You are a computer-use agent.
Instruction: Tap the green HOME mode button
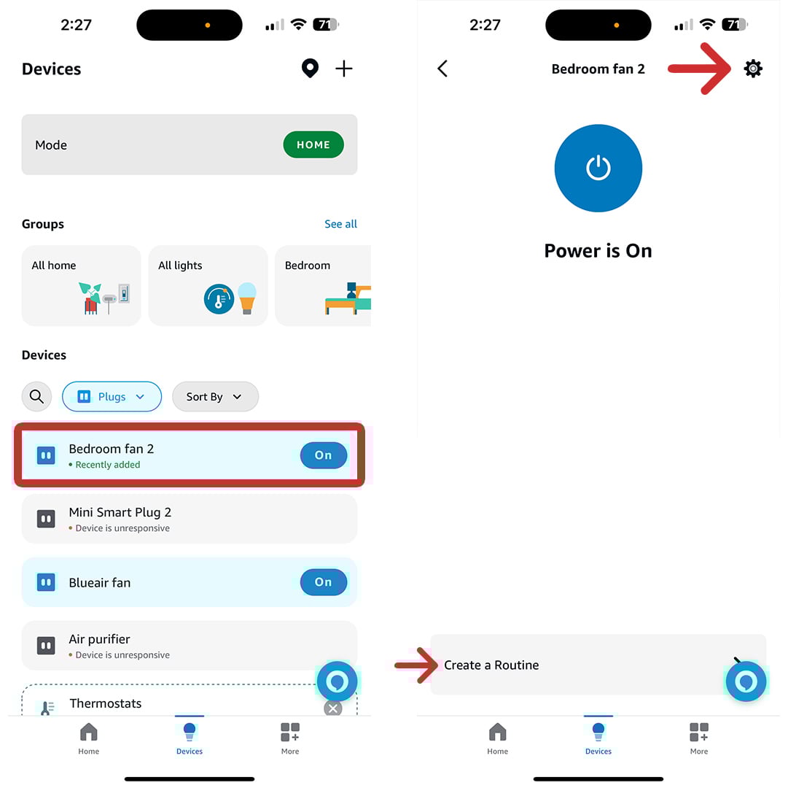pyautogui.click(x=313, y=144)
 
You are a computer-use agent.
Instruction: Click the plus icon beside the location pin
pyautogui.click(x=343, y=69)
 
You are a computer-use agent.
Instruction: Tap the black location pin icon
pyautogui.click(x=310, y=69)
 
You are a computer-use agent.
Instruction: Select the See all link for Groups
pyautogui.click(x=340, y=224)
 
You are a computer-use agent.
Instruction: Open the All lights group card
pyautogui.click(x=208, y=285)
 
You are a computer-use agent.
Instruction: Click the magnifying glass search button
pyautogui.click(x=36, y=397)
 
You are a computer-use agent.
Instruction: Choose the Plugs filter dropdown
pyautogui.click(x=112, y=397)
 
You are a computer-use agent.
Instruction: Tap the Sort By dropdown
pyautogui.click(x=215, y=397)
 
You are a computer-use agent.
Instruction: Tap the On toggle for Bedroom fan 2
pyautogui.click(x=323, y=455)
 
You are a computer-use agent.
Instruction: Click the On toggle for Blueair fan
pyautogui.click(x=323, y=582)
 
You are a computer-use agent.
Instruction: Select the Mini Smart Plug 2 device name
pyautogui.click(x=120, y=512)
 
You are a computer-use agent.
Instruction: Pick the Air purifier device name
pyautogui.click(x=99, y=639)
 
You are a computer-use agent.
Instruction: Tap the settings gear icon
pyautogui.click(x=753, y=69)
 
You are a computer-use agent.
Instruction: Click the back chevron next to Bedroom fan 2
pyautogui.click(x=442, y=69)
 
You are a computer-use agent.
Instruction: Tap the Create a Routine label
pyautogui.click(x=491, y=665)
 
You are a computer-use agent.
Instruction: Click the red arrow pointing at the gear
pyautogui.click(x=700, y=69)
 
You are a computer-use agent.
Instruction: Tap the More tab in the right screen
pyautogui.click(x=698, y=738)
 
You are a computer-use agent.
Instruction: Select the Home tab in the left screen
pyautogui.click(x=88, y=738)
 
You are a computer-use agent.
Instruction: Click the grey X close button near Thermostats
pyautogui.click(x=332, y=708)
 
